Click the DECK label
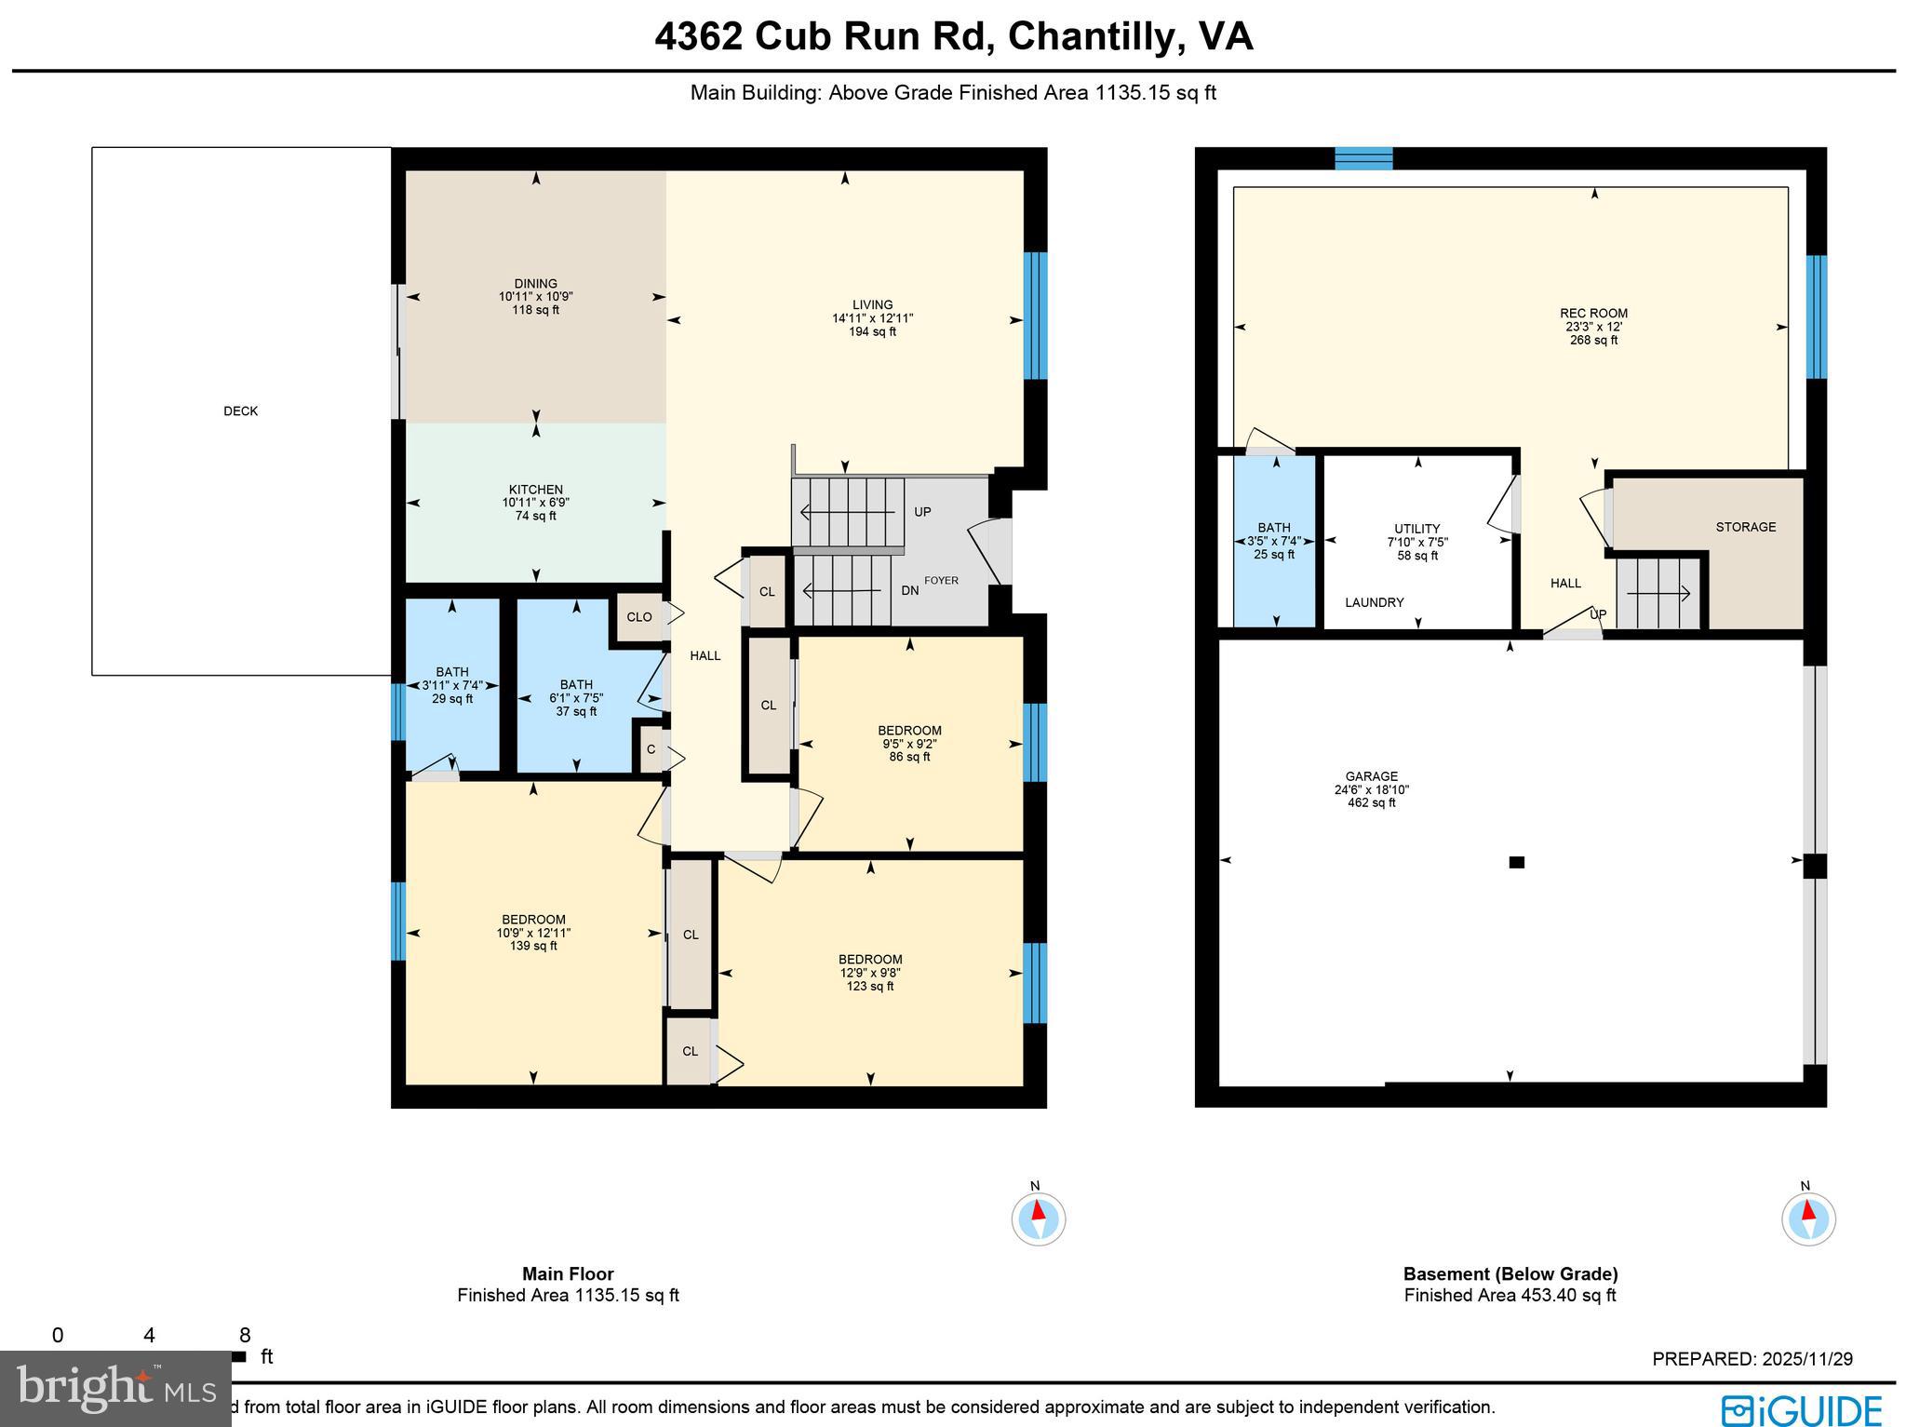pos(240,411)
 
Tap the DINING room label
pos(535,284)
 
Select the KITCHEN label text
pos(535,490)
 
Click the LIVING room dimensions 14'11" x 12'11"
pos(872,318)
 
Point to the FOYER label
pos(941,580)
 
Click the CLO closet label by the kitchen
pos(638,617)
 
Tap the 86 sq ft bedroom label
pos(909,744)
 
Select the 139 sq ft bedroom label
pos(533,933)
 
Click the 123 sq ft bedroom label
pos(870,973)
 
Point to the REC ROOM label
pos(1593,314)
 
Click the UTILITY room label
pos(1416,529)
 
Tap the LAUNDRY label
pos(1374,602)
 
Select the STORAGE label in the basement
pos(1745,527)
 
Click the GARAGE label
pos(1371,776)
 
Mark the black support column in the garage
pos(1516,862)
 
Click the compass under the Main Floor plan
pos(1038,1218)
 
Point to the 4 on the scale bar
pos(149,1336)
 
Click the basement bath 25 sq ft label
pos(1273,541)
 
